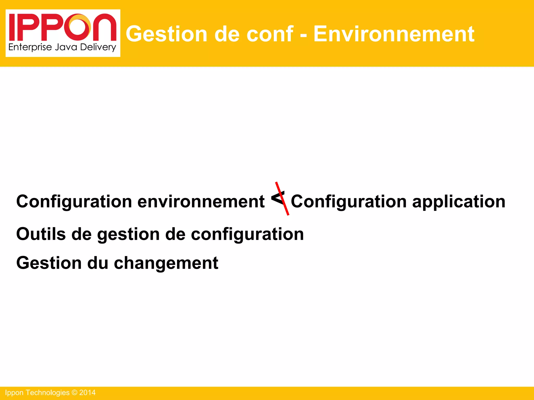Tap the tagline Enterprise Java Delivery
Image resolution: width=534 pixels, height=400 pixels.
62,47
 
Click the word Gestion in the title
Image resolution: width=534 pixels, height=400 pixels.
166,34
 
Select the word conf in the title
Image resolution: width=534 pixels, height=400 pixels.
270,34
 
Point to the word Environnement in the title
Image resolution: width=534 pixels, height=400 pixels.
394,34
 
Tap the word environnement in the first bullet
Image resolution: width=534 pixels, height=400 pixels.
201,202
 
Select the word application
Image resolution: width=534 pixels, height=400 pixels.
459,202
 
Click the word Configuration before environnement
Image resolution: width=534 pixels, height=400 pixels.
74,202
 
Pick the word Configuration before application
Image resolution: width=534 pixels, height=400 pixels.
349,202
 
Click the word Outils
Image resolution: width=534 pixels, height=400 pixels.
41,234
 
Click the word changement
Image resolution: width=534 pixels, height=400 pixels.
166,263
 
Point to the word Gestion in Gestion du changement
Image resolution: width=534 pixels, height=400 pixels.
49,263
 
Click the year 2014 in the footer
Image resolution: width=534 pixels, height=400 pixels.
87,393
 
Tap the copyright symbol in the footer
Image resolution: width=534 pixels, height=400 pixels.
74,393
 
